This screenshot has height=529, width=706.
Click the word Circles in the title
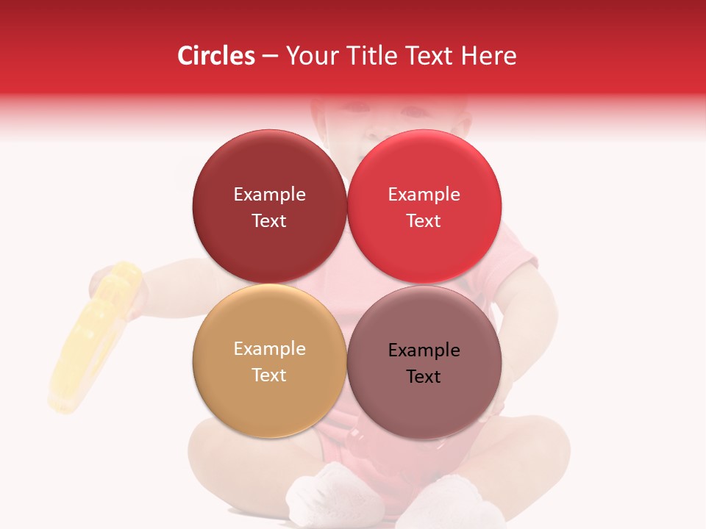pyautogui.click(x=215, y=56)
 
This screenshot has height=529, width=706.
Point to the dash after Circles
pyautogui.click(x=270, y=57)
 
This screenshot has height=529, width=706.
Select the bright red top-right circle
pyautogui.click(x=424, y=169)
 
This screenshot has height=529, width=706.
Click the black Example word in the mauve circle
pyautogui.click(x=424, y=350)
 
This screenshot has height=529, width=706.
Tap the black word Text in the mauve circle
pyautogui.click(x=424, y=376)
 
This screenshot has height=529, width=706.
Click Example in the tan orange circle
pyautogui.click(x=269, y=348)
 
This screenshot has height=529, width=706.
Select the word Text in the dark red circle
pyautogui.click(x=269, y=220)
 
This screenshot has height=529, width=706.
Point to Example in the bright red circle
pyautogui.click(x=424, y=194)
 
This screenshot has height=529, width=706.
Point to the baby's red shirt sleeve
pyautogui.click(x=515, y=250)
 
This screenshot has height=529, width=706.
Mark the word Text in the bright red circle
pyautogui.click(x=424, y=220)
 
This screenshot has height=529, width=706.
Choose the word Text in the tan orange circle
pyautogui.click(x=269, y=375)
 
